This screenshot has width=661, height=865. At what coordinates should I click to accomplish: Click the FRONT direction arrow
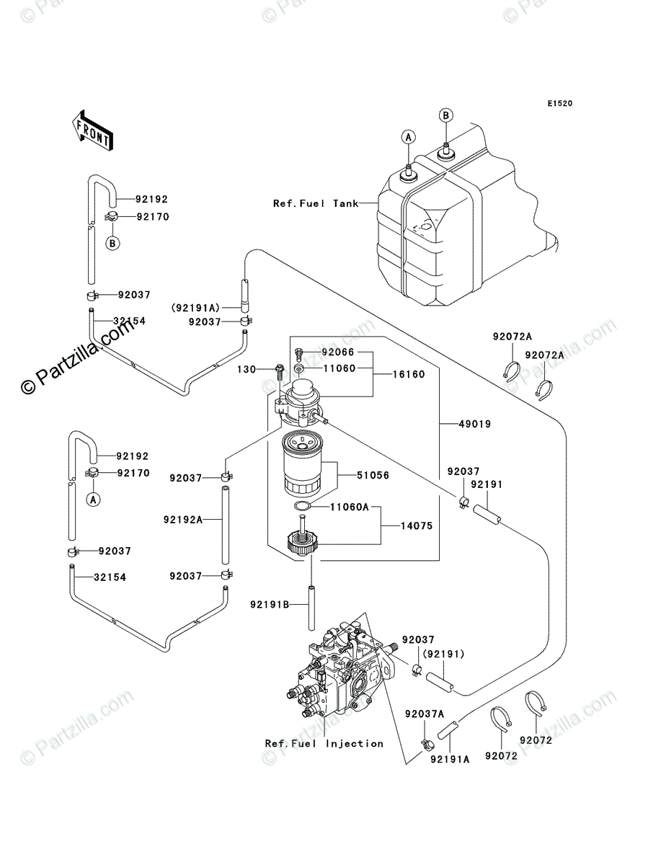pyautogui.click(x=92, y=130)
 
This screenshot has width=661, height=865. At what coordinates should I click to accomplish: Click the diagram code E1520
pyautogui.click(x=560, y=104)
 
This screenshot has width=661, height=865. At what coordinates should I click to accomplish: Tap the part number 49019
pyautogui.click(x=475, y=424)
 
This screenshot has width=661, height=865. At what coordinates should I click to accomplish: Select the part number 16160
pyautogui.click(x=409, y=374)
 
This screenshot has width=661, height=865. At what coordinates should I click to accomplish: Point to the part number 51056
pyautogui.click(x=373, y=475)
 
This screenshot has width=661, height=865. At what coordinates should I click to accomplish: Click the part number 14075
pyautogui.click(x=417, y=525)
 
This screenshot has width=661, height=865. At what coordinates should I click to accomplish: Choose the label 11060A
pyautogui.click(x=350, y=507)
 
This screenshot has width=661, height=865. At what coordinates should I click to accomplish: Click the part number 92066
pyautogui.click(x=338, y=352)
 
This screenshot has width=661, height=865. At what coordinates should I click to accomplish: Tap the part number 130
pyautogui.click(x=247, y=370)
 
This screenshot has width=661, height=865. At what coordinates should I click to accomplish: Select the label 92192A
pyautogui.click(x=183, y=520)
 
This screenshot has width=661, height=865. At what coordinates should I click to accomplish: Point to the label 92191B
pyautogui.click(x=270, y=604)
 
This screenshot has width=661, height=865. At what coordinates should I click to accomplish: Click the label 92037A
pyautogui.click(x=425, y=714)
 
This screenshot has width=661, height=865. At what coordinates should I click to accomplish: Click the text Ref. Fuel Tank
pyautogui.click(x=316, y=203)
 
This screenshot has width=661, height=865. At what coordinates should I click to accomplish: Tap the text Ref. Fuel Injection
pyautogui.click(x=324, y=744)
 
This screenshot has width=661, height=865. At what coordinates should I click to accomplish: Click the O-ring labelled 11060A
pyautogui.click(x=302, y=506)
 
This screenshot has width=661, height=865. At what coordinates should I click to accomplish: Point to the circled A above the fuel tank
pyautogui.click(x=409, y=137)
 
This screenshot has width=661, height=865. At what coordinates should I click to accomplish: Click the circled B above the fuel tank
pyautogui.click(x=446, y=115)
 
